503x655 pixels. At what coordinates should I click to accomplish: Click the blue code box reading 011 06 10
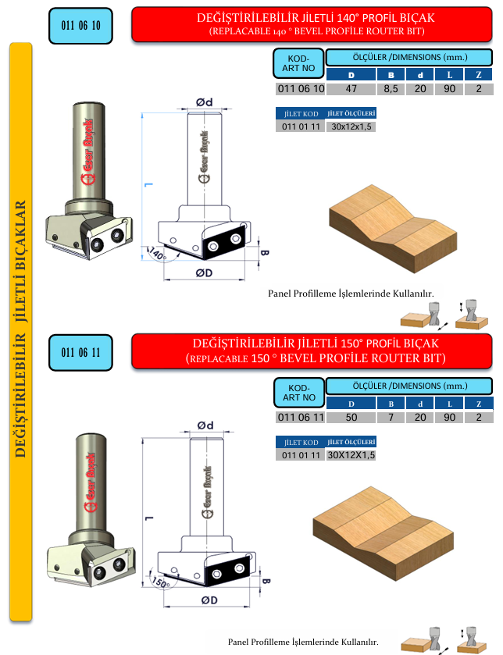[80, 26]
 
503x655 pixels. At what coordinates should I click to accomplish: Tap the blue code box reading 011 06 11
[80, 353]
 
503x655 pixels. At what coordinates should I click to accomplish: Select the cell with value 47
[351, 89]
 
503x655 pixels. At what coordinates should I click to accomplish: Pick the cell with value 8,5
[391, 89]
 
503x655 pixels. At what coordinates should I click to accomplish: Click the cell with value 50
[351, 418]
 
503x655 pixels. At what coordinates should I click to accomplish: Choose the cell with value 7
[391, 418]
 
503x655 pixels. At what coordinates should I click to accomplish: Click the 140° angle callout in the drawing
[158, 254]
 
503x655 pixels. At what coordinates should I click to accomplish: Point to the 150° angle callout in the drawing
[160, 582]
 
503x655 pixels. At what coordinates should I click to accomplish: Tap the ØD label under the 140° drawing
[205, 272]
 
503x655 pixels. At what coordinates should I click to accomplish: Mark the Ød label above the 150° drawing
[205, 425]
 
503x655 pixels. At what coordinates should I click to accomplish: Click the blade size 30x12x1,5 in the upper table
[351, 126]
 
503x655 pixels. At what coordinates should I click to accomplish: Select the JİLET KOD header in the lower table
[301, 443]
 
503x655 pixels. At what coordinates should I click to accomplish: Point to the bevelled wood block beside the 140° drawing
[393, 229]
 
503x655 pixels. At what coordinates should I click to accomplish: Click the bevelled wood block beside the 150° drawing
[383, 533]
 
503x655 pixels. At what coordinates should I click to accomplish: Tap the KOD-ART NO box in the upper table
[298, 63]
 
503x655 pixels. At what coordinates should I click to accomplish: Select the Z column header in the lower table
[479, 404]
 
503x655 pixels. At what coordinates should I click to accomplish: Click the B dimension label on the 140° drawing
[265, 252]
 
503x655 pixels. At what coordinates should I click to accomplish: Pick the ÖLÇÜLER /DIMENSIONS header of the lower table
[409, 386]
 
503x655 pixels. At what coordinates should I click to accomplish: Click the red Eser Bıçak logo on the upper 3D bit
[88, 151]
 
